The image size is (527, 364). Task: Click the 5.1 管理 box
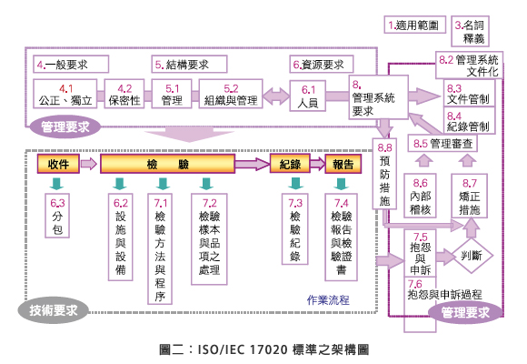(172, 95)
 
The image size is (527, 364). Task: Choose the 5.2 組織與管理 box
(230, 95)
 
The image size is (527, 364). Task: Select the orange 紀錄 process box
(290, 164)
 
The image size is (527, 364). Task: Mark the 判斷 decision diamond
(472, 256)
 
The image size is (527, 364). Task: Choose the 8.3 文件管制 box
(469, 94)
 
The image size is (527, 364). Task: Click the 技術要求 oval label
(52, 311)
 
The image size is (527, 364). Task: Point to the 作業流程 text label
(328, 300)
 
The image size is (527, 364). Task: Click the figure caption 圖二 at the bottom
(263, 349)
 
